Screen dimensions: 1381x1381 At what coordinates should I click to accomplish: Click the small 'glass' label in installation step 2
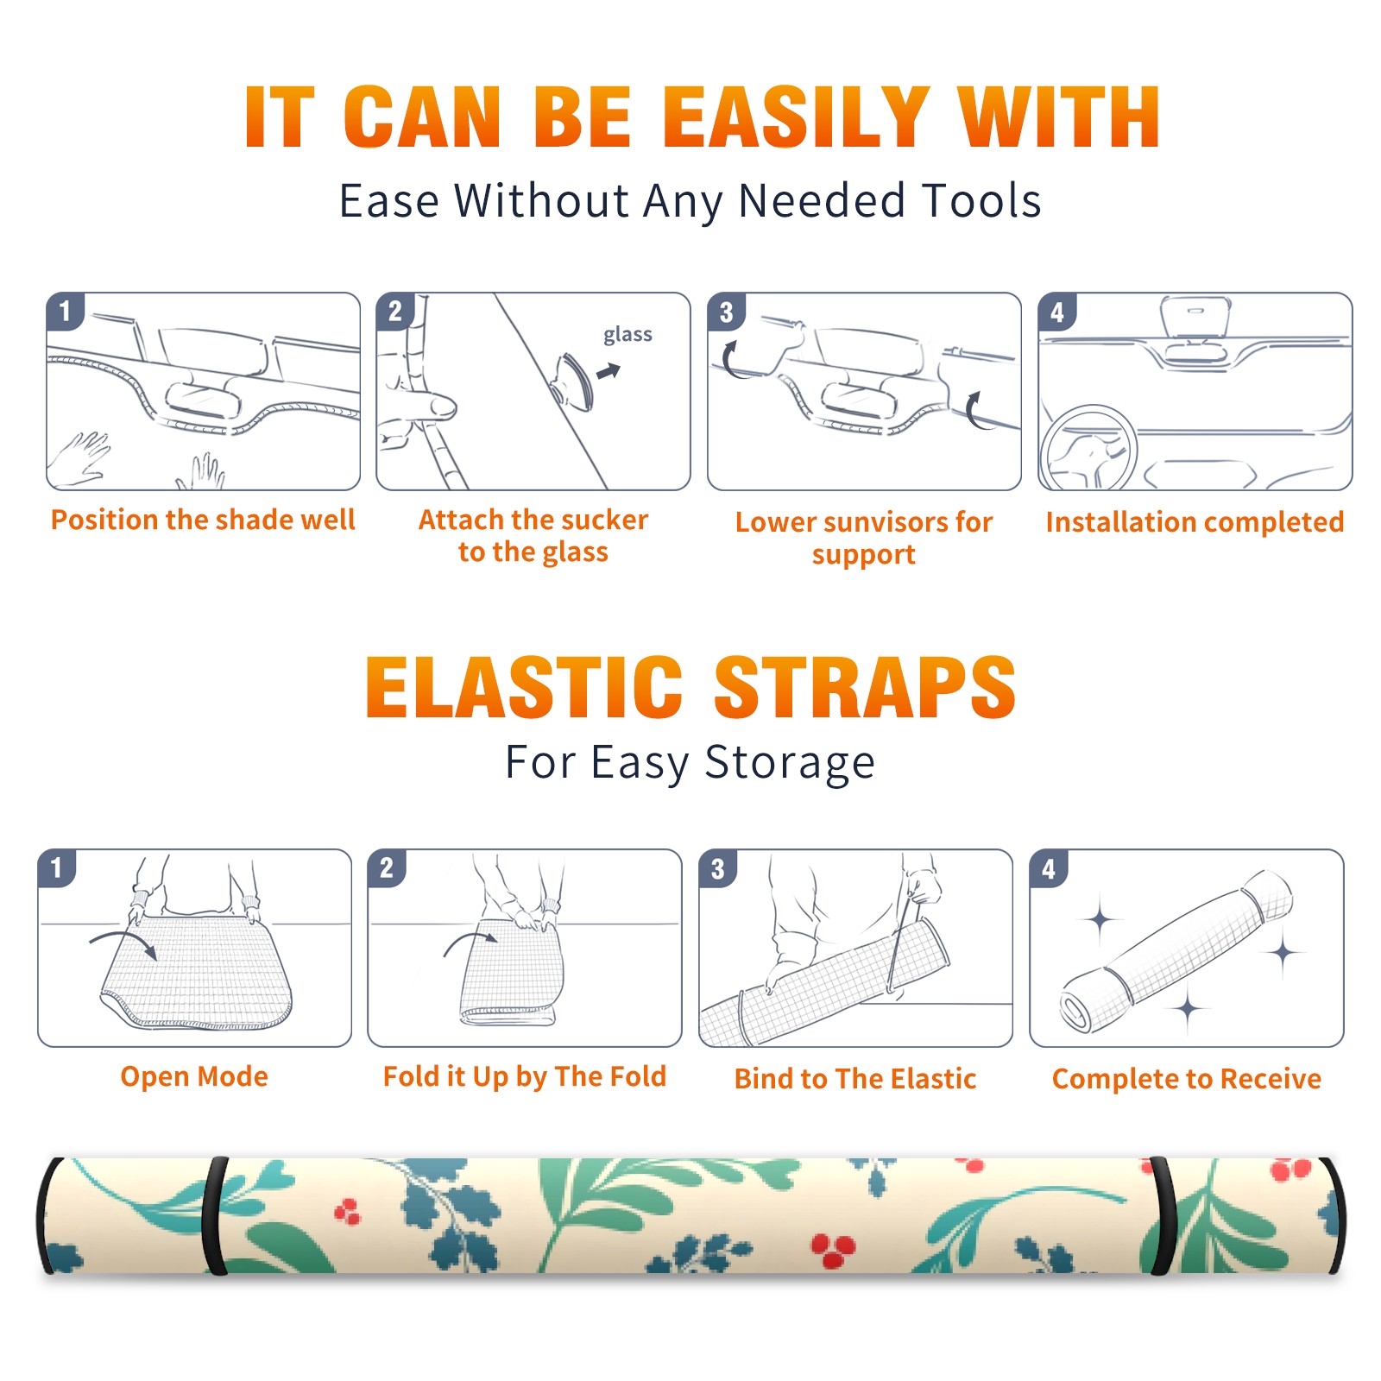[627, 335]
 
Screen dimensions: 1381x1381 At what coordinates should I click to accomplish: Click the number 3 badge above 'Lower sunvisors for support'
[725, 312]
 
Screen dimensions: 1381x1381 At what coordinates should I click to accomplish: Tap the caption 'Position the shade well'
[203, 520]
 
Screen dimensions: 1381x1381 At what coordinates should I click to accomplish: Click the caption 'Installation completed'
[1195, 522]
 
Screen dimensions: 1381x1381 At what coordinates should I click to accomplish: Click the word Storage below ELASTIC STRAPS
[790, 762]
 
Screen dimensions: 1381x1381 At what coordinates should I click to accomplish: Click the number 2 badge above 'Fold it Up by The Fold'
[387, 868]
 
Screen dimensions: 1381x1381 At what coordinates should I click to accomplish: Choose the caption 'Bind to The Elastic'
[854, 1079]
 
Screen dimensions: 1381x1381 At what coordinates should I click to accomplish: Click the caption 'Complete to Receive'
[1187, 1079]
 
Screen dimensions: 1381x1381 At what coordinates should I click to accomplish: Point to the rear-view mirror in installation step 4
[1195, 318]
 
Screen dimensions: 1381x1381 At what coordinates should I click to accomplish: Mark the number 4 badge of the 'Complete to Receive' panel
[1049, 868]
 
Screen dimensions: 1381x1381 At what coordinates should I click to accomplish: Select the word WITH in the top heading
[1059, 117]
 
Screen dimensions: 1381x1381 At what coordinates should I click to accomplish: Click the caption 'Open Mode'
[194, 1076]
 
